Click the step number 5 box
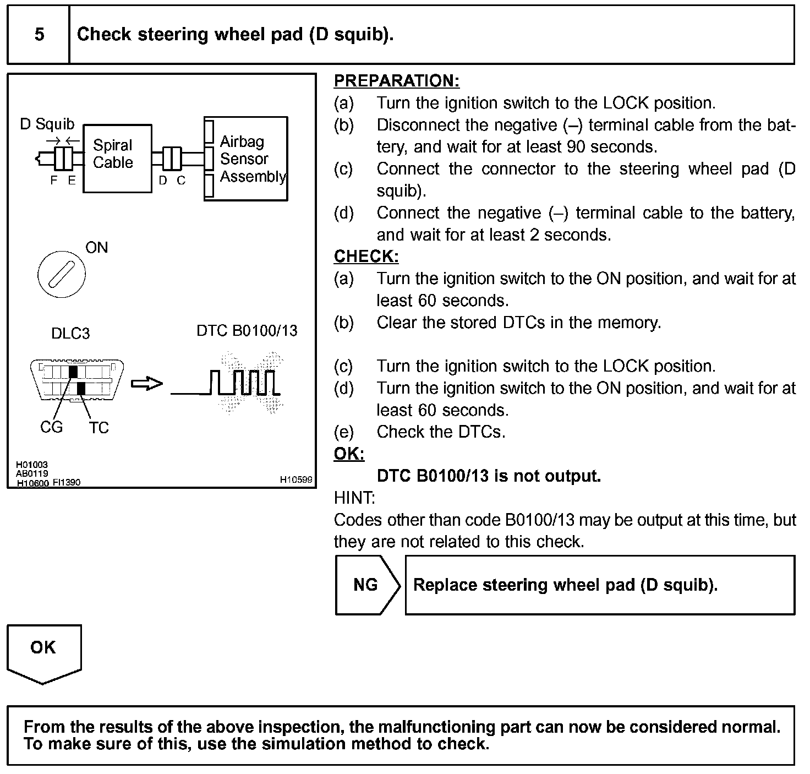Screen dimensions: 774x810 click(x=39, y=35)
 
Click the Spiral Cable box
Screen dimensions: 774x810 click(x=117, y=158)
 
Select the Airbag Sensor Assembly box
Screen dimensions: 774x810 click(x=246, y=159)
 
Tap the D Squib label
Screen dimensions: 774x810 click(x=47, y=124)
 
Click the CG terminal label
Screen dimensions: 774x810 click(x=51, y=427)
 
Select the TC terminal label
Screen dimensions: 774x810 click(x=99, y=428)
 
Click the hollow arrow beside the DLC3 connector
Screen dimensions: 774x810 click(x=147, y=383)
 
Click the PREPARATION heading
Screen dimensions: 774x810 click(x=396, y=81)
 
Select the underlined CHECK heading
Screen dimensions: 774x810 click(x=366, y=257)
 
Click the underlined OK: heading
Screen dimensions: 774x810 click(x=349, y=454)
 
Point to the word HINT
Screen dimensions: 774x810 click(x=354, y=498)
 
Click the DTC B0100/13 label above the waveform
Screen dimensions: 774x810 click(x=247, y=330)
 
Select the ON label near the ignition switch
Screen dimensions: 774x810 click(x=97, y=248)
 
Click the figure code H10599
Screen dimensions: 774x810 click(x=296, y=479)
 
